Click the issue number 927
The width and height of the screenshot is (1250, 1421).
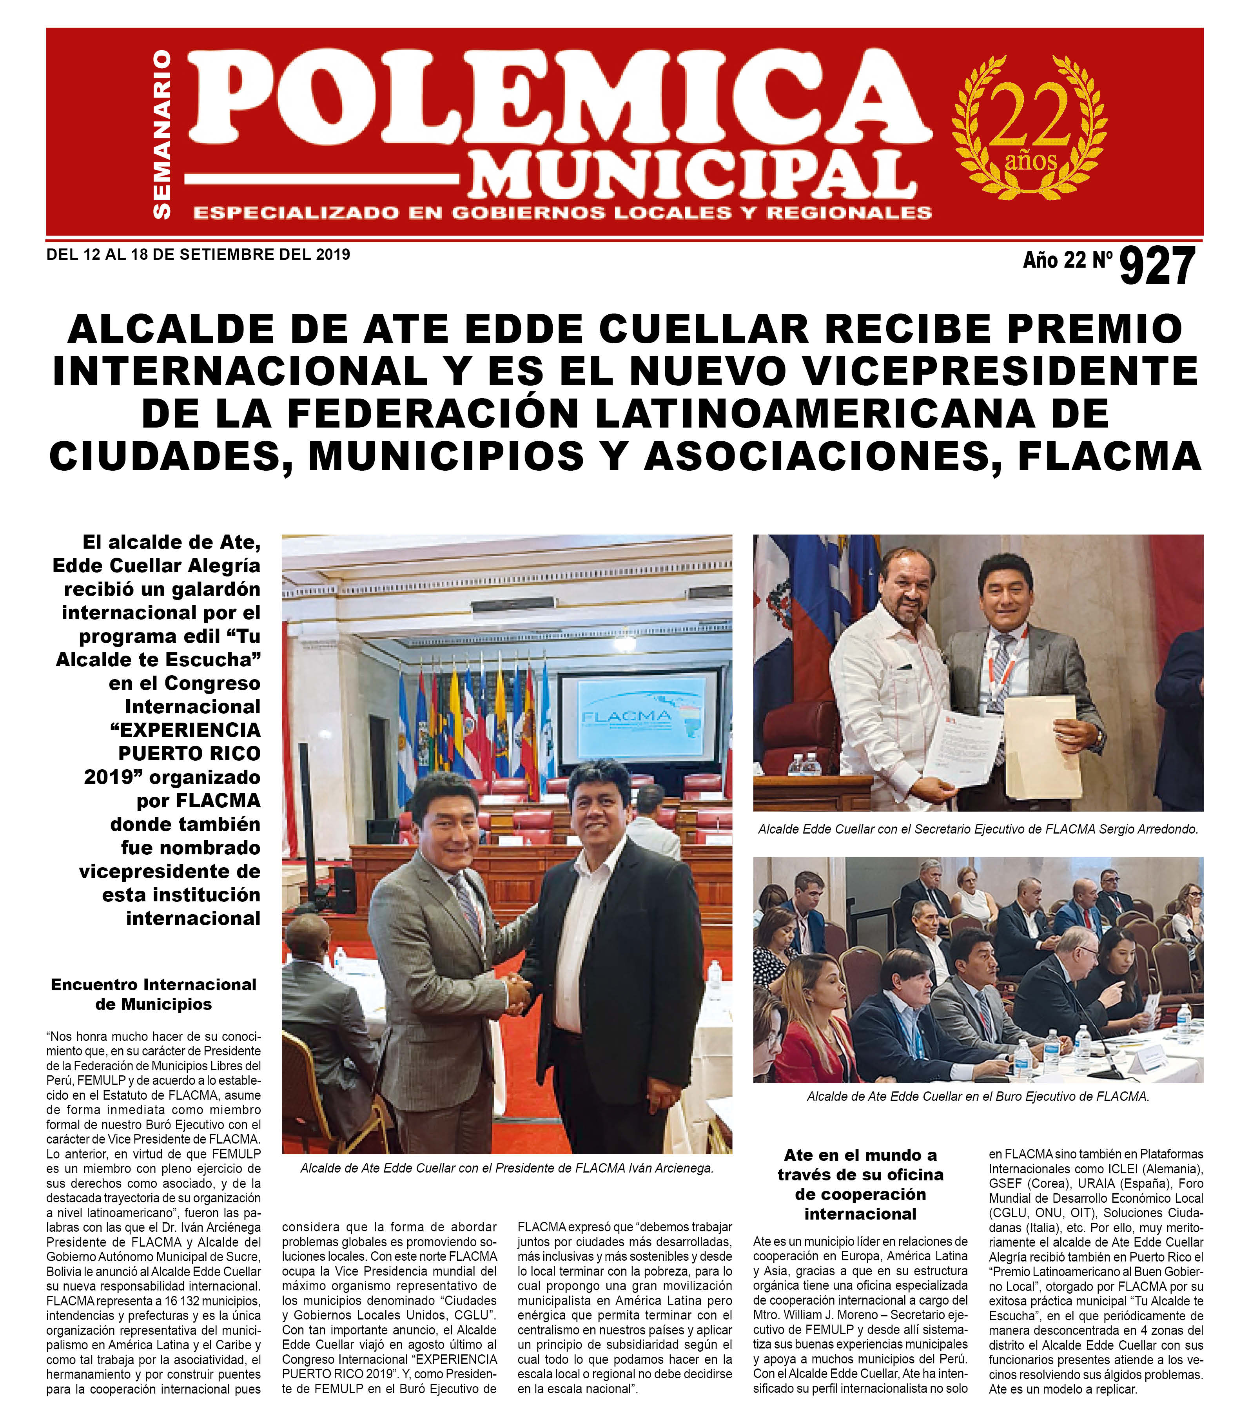1156,266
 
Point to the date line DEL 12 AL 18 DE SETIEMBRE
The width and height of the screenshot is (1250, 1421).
198,254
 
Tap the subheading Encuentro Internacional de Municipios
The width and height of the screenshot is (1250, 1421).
154,994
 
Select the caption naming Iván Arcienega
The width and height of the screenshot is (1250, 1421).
507,1168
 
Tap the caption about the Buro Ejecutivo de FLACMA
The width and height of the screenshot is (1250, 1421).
978,1097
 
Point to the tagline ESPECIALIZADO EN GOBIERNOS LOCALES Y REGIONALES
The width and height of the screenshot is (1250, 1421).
562,213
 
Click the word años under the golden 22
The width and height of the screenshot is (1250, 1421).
1030,161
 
